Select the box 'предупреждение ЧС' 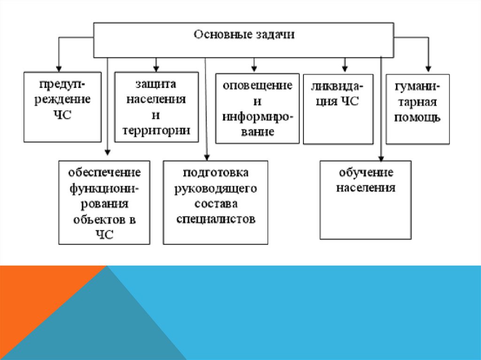pyautogui.click(x=62, y=107)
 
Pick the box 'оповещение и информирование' pyautogui.click(x=257, y=108)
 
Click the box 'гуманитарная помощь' pyautogui.click(x=418, y=109)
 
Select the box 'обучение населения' pyautogui.click(x=365, y=200)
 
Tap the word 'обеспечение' pyautogui.click(x=104, y=173)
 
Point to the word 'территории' pyautogui.click(x=156, y=130)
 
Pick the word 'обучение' pyautogui.click(x=365, y=173)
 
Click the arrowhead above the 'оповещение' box pyautogui.click(x=254, y=68)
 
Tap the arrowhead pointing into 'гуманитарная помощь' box pyautogui.click(x=427, y=68)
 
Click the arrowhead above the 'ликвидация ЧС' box pyautogui.click(x=345, y=68)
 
